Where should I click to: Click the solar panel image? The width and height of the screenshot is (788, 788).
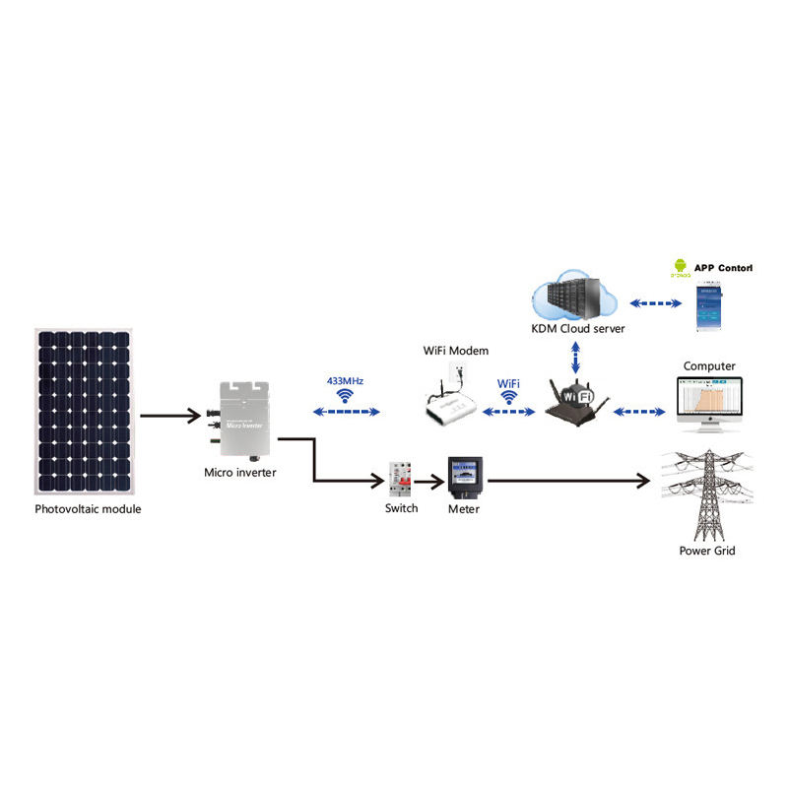[x=85, y=413]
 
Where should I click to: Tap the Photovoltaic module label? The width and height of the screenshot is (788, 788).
[x=89, y=509]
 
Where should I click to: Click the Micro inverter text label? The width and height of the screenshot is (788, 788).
[x=240, y=473]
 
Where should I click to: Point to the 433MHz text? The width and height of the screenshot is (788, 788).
[x=345, y=379]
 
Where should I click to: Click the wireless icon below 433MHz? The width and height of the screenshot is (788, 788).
[x=345, y=397]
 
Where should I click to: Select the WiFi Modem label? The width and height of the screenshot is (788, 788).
[x=455, y=351]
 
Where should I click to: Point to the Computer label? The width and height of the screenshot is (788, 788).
[x=709, y=366]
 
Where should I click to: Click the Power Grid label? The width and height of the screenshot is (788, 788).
[x=707, y=551]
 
